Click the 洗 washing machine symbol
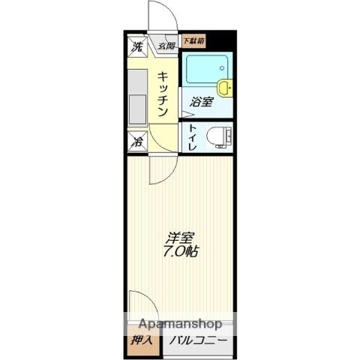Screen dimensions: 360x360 (136, 46)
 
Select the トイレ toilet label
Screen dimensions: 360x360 (193, 137)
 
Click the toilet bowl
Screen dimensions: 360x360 (218, 136)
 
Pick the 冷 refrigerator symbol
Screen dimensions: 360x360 (137, 139)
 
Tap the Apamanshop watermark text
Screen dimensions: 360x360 (181, 325)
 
